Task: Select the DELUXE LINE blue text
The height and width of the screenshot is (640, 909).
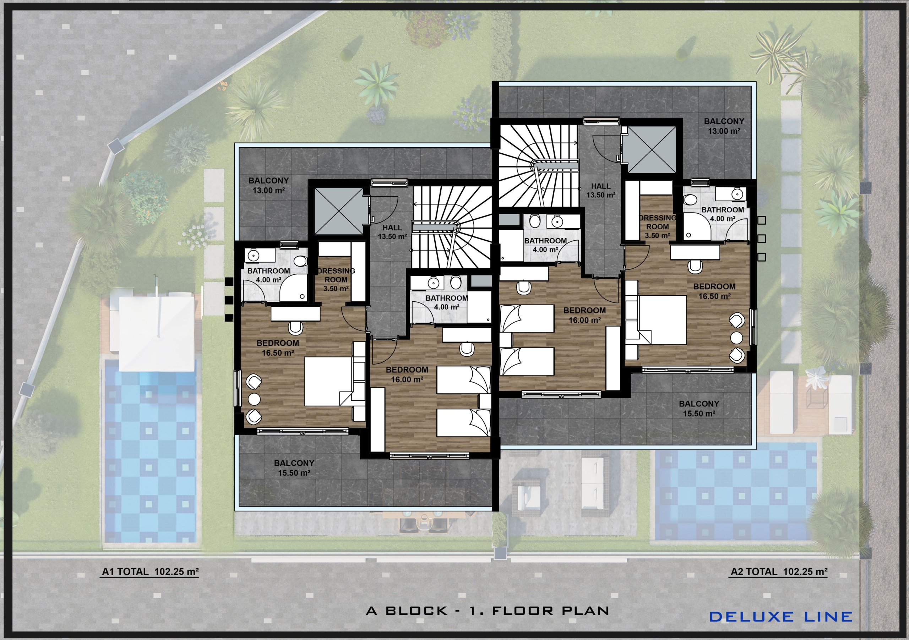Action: [x=781, y=617]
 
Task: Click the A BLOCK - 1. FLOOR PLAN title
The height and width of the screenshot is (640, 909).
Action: [x=488, y=611]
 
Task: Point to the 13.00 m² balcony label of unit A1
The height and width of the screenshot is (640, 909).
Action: [x=268, y=190]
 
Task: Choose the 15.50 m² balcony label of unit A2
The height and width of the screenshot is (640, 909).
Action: [x=699, y=414]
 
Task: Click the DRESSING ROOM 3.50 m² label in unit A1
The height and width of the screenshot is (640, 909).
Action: [x=336, y=279]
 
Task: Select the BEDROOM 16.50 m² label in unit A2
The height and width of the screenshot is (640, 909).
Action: [x=714, y=291]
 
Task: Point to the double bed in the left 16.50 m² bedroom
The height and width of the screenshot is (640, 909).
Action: [x=328, y=381]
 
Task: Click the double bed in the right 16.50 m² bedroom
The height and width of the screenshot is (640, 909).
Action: [x=662, y=320]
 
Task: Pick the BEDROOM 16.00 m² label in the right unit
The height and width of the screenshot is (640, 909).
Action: [x=585, y=315]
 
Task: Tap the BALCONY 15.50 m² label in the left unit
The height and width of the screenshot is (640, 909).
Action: [x=294, y=468]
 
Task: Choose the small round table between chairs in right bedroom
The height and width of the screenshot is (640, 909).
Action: [x=736, y=338]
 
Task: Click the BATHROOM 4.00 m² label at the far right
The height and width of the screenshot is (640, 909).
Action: [x=723, y=214]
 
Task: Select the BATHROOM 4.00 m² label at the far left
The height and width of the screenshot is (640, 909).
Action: [x=268, y=275]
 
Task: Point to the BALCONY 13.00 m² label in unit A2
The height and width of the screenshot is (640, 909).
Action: [x=724, y=126]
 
